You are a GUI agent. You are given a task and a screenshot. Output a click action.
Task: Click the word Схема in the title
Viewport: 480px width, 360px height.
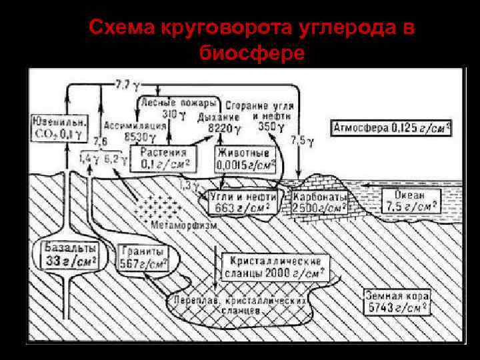(x=123, y=28)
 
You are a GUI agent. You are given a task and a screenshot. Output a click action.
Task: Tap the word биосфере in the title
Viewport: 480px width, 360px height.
(x=253, y=53)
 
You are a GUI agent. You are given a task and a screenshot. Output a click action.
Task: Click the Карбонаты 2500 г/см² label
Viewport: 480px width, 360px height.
(x=320, y=202)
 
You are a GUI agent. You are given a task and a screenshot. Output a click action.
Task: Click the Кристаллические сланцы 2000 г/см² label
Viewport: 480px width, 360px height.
(x=277, y=267)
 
